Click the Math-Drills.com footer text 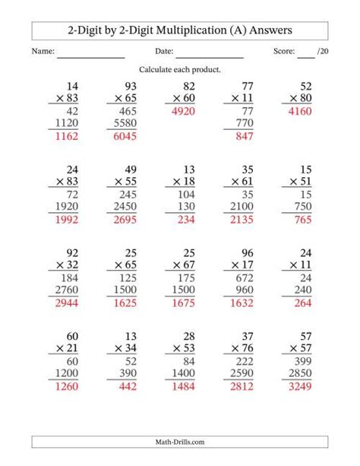pos(180,442)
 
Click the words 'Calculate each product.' pos(179,70)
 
